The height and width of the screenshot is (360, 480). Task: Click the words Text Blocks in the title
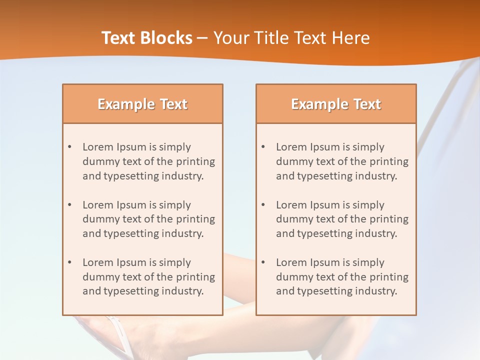pyautogui.click(x=147, y=38)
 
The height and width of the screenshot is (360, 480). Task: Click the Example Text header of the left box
pyautogui.click(x=142, y=104)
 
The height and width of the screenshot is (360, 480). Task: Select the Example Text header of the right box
pyautogui.click(x=336, y=104)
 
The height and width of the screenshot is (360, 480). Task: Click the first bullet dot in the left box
pyautogui.click(x=69, y=147)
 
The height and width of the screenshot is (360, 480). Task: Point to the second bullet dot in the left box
pyautogui.click(x=69, y=205)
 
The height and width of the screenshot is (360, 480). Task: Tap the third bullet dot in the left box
pyautogui.click(x=69, y=262)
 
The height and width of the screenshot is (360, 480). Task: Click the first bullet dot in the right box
pyautogui.click(x=263, y=147)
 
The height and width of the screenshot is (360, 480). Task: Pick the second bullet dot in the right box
pyautogui.click(x=263, y=205)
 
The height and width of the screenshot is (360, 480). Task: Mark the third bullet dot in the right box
pyautogui.click(x=263, y=262)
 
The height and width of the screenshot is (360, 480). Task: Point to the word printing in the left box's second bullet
pyautogui.click(x=196, y=219)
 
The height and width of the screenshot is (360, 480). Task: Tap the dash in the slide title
pyautogui.click(x=202, y=38)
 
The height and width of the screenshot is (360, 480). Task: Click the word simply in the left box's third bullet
pyautogui.click(x=175, y=262)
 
